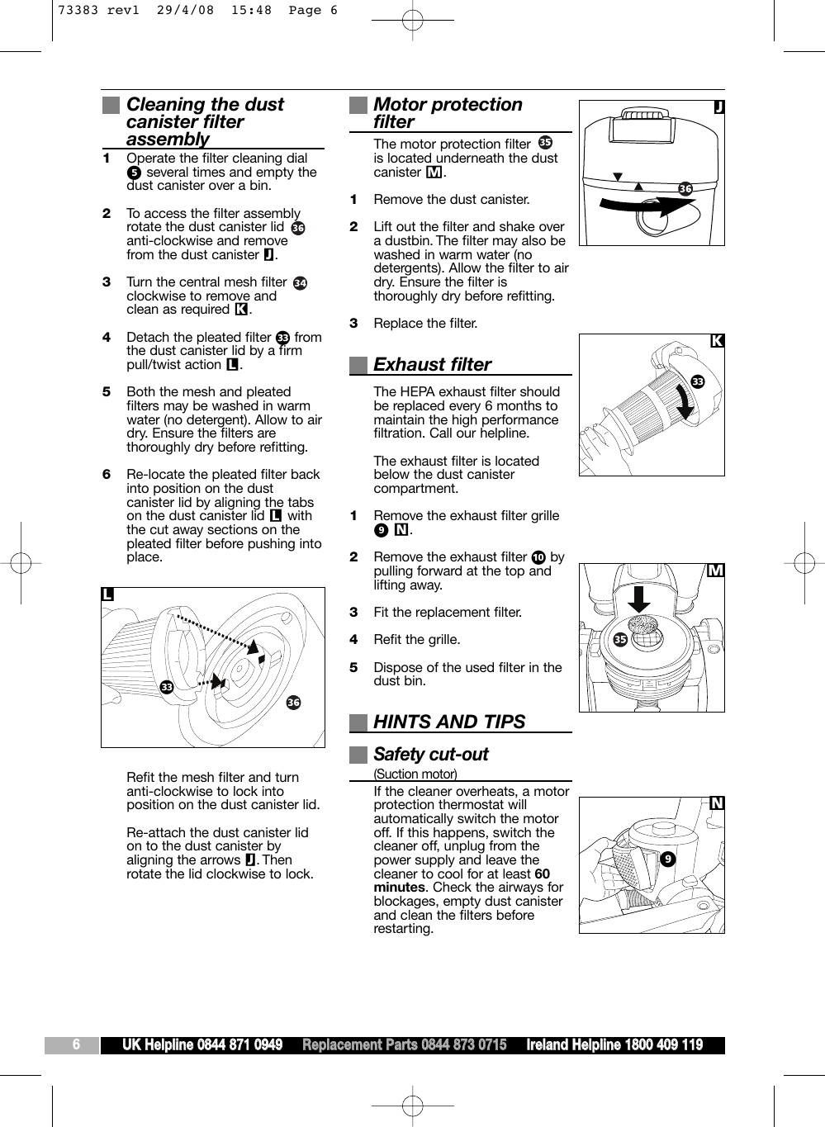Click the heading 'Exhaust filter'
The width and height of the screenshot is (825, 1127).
(x=432, y=365)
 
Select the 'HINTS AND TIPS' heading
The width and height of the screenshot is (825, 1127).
(x=448, y=722)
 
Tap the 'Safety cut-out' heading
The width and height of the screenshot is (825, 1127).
(x=430, y=755)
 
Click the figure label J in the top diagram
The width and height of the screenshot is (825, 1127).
(x=718, y=107)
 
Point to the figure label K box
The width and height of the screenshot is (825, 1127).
(x=717, y=341)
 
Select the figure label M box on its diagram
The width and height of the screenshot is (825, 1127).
(x=716, y=571)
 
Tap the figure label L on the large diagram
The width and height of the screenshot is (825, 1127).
(x=107, y=594)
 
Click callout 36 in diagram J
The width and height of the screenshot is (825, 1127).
(x=685, y=189)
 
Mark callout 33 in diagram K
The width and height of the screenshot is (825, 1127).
(x=698, y=381)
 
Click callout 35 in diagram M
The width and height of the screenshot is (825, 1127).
(x=620, y=640)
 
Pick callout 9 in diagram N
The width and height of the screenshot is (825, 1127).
(x=667, y=859)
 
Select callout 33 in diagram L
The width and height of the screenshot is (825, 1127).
(x=167, y=687)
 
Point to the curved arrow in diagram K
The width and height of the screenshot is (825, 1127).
(x=685, y=403)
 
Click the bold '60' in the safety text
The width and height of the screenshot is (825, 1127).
(x=542, y=874)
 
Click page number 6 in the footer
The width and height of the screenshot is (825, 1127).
(x=76, y=1045)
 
